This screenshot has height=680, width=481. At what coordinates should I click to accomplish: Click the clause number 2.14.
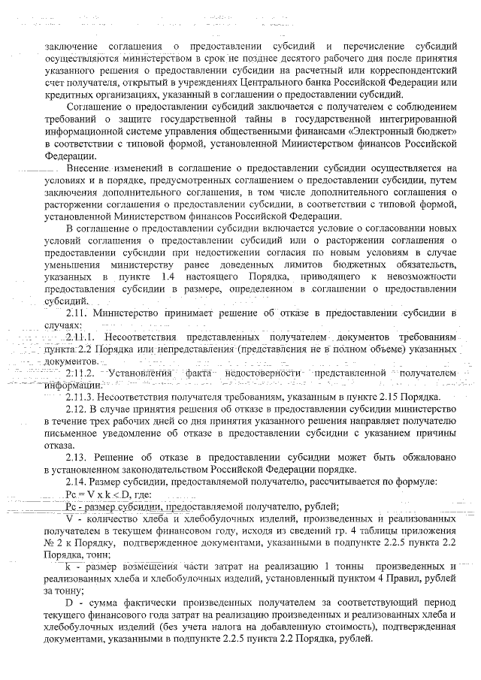tap(77, 482)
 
